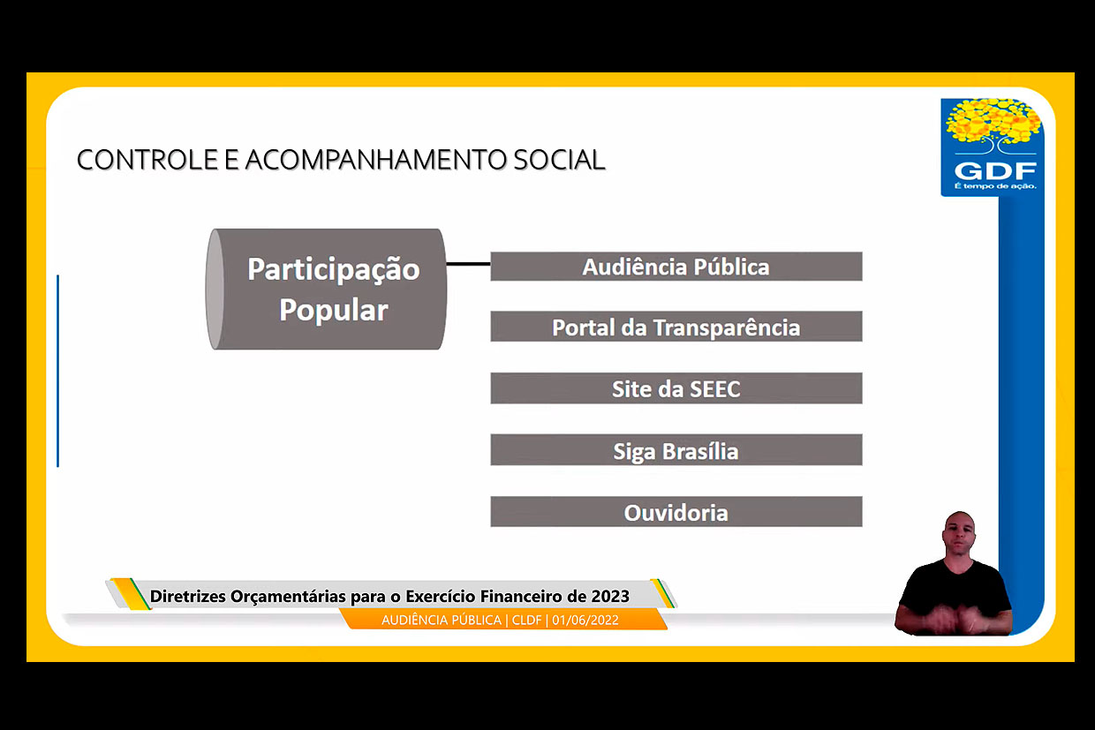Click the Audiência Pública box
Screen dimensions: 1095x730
point(676,267)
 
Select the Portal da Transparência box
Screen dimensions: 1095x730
point(676,327)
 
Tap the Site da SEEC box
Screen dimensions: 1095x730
point(676,388)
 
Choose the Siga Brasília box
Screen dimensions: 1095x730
point(676,450)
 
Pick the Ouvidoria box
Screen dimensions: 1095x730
point(676,512)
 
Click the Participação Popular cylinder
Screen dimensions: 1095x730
point(326,290)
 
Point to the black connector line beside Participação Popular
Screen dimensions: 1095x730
point(468,264)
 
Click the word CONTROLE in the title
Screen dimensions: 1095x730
point(147,160)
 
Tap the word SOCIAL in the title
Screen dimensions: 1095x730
point(559,160)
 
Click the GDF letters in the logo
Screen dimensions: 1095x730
point(995,171)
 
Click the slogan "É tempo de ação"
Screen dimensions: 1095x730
point(995,186)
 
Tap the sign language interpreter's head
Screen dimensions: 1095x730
point(959,532)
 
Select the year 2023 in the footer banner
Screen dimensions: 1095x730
point(610,596)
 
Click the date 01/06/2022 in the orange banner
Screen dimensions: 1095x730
point(585,620)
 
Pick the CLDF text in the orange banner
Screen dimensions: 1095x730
point(526,620)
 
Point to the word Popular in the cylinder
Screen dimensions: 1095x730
point(334,311)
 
